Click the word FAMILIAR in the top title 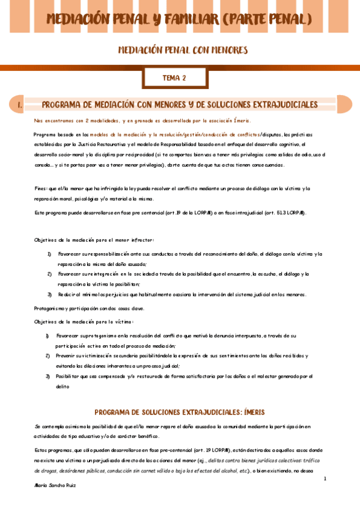pos(186,19)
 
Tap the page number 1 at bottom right pos(325,478)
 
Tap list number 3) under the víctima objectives pos(47,376)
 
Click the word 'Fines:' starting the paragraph pos(41,189)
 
